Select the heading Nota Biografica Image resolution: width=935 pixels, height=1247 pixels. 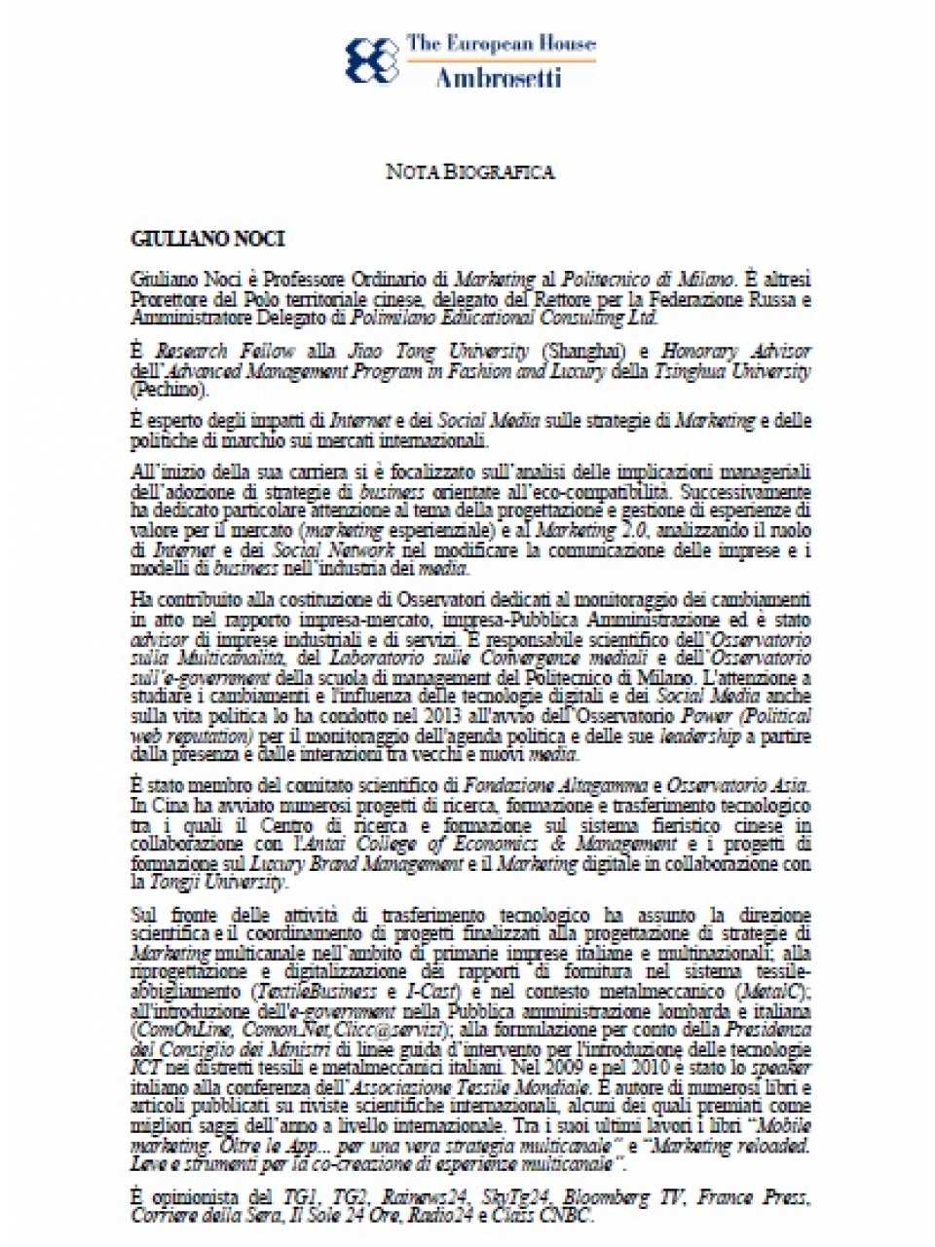(x=469, y=172)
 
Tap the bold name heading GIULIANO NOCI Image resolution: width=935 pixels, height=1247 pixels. (x=207, y=239)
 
